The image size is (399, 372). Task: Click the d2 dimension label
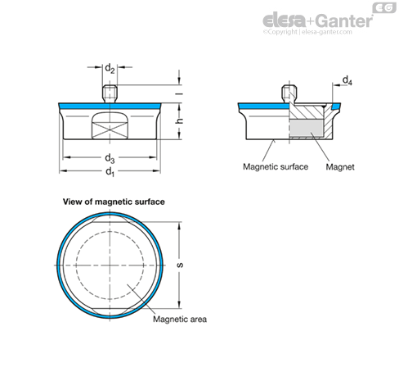click(x=110, y=68)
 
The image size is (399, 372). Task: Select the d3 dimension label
click(x=110, y=158)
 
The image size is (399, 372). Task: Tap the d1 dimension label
click(x=110, y=172)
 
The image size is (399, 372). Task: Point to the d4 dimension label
click(x=347, y=80)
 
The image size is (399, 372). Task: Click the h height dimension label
click(x=180, y=120)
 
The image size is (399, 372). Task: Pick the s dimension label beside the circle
click(x=180, y=265)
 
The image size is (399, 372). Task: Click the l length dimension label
click(x=179, y=93)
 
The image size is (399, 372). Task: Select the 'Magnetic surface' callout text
click(x=276, y=166)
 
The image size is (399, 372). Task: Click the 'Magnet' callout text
click(x=340, y=167)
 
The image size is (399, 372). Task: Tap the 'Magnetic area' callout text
click(x=180, y=319)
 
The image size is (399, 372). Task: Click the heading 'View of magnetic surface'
click(x=114, y=202)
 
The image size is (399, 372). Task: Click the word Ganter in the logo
click(x=345, y=21)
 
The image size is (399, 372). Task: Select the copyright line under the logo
click(x=307, y=32)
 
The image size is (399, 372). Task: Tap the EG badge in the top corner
click(x=384, y=8)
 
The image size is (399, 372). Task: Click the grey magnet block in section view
click(x=306, y=129)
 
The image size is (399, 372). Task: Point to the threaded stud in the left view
click(x=110, y=94)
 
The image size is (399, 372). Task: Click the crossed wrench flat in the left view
click(x=110, y=125)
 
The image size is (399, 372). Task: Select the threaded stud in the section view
click(x=289, y=94)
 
